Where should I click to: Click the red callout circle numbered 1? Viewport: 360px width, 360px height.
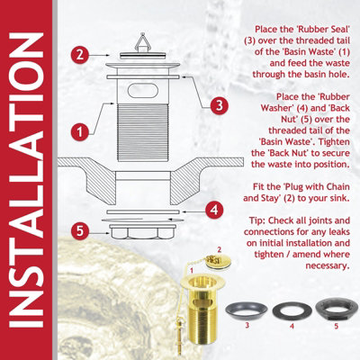click(x=80, y=130)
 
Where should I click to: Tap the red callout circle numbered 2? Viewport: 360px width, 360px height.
click(x=79, y=54)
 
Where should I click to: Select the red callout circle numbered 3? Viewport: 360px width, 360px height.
click(x=217, y=104)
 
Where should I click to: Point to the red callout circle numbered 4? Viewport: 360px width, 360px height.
click(x=213, y=210)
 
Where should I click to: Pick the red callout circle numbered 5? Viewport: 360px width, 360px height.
click(x=79, y=230)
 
